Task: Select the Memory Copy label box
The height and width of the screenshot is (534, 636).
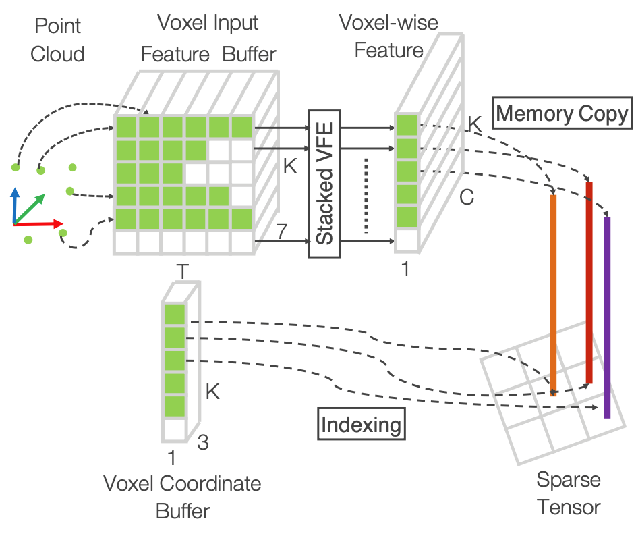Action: point(562,113)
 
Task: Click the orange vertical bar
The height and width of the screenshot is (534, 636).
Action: point(553,294)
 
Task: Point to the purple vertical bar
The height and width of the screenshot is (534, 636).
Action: point(607,317)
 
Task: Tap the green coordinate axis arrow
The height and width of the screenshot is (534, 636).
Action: point(30,208)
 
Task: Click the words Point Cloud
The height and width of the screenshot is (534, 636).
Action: point(57,40)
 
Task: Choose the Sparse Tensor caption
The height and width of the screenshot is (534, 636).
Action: point(568,493)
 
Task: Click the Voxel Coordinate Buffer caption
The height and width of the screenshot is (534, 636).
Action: point(182,497)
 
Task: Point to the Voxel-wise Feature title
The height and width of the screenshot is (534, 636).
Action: point(389,36)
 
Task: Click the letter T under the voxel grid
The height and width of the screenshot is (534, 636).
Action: point(181,271)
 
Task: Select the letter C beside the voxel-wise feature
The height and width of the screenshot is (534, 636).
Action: point(467,197)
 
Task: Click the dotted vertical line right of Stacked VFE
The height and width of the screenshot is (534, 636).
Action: point(366,196)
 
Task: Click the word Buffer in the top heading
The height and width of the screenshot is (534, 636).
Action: point(250,53)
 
